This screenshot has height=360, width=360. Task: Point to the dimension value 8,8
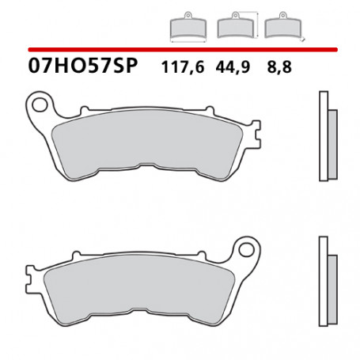point(279,69)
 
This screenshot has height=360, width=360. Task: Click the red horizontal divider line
point(180,49)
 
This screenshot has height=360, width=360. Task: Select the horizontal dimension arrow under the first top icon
point(185,42)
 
